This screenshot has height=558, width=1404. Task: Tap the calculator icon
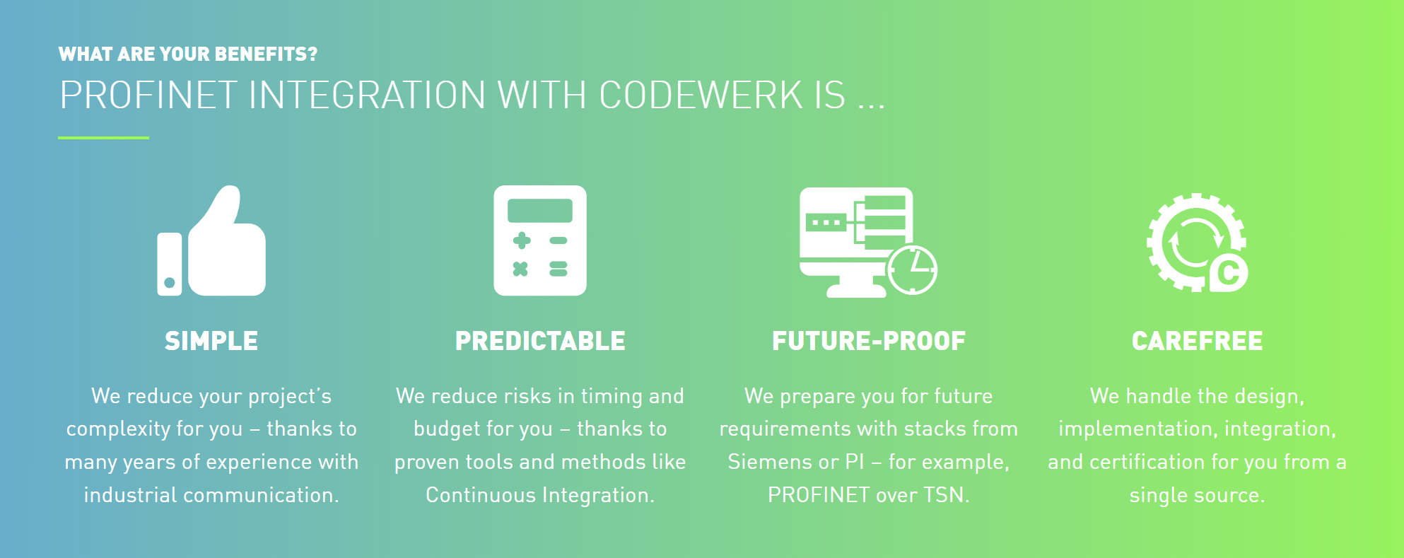coord(540,240)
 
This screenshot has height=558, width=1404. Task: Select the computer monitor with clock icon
coord(868,242)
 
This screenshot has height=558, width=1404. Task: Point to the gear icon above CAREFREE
coord(1197,243)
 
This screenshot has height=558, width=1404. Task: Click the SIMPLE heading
coord(211,341)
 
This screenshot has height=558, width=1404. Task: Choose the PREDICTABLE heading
coord(540,341)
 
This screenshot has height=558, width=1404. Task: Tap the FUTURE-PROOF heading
coord(869,341)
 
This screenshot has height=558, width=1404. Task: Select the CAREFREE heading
coord(1197,341)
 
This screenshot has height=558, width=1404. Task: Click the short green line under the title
coord(103,138)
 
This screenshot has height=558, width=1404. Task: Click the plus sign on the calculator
coord(522,240)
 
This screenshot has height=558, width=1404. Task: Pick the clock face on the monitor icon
coord(913,270)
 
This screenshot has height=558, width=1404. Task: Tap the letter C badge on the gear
coord(1229,272)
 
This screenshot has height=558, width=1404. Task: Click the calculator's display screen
coord(540,211)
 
